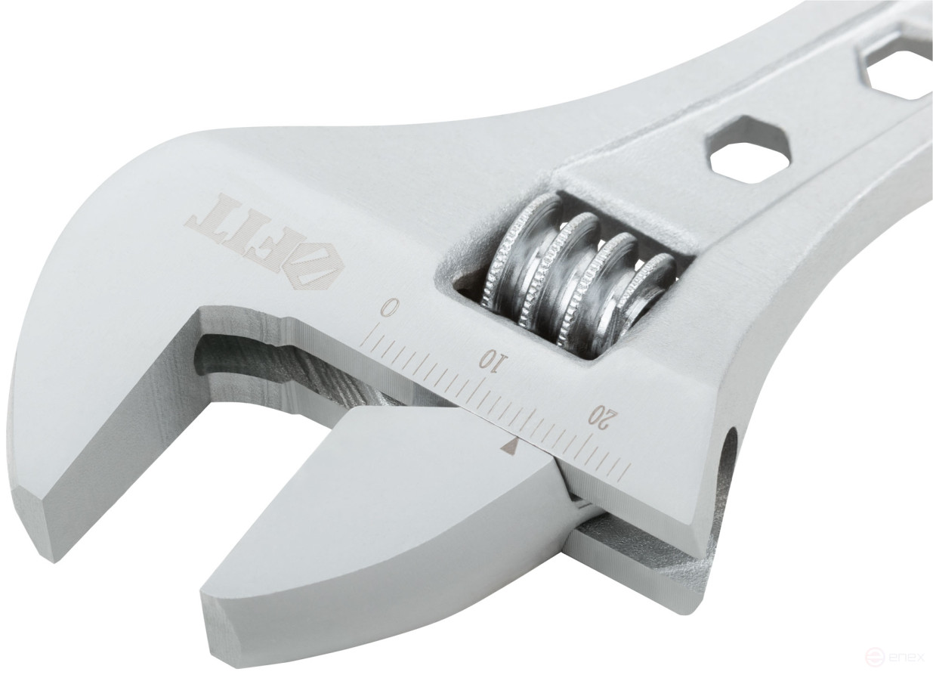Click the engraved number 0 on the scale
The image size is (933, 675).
(388, 308)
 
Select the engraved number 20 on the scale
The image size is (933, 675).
(604, 415)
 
